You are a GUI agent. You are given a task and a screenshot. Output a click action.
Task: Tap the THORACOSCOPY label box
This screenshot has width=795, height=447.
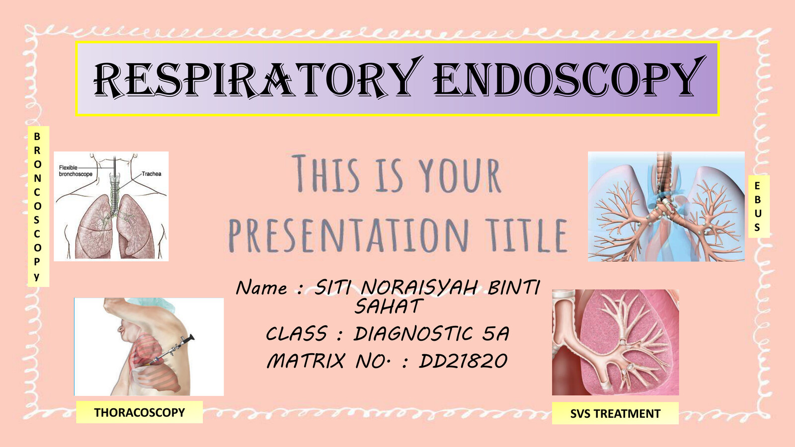(139, 412)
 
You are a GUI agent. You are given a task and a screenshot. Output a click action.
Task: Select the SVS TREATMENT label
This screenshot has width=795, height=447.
(615, 413)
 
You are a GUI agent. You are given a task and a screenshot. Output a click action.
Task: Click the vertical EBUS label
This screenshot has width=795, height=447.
(757, 207)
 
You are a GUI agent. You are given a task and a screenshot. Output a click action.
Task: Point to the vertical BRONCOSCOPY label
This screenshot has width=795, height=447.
(37, 206)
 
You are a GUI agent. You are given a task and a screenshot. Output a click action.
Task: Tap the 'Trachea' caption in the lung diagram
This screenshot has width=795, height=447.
(151, 174)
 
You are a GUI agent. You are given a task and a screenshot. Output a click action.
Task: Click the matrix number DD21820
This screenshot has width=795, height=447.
(463, 361)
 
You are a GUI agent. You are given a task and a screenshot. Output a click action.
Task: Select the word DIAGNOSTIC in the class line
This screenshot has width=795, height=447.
(412, 334)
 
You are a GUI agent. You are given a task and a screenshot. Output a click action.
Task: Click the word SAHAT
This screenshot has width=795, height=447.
(389, 306)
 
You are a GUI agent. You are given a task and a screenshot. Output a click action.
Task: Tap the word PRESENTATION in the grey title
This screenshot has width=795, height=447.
(348, 236)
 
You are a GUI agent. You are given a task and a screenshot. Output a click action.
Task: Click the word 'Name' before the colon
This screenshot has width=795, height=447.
(261, 288)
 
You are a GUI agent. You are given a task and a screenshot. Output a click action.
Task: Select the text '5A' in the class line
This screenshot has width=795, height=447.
(495, 334)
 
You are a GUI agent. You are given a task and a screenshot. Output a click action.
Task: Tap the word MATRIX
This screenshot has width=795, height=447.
(306, 361)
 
